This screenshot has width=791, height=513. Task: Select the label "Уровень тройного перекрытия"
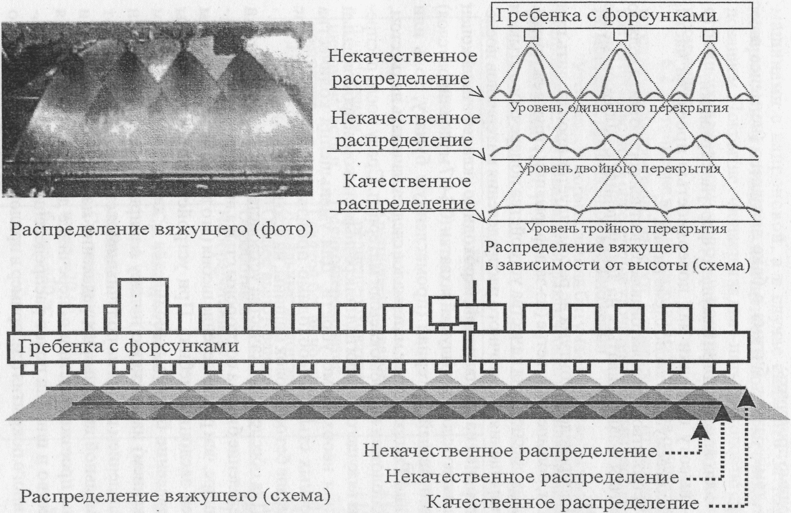pos(626,228)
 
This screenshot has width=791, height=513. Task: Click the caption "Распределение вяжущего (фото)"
pos(161,229)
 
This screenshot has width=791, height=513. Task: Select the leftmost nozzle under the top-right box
pos(531,35)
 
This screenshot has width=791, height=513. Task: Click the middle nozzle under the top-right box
pos(620,35)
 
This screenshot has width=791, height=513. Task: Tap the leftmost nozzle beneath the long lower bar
pos(29,368)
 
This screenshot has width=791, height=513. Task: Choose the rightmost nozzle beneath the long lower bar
pos(721,368)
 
